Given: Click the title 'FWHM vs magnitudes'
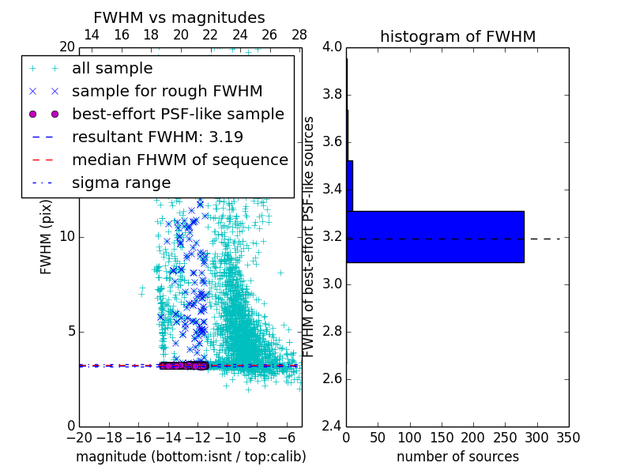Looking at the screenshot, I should [179, 18].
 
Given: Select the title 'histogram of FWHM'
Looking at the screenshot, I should [457, 36].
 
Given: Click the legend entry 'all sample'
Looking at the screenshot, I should [112, 69].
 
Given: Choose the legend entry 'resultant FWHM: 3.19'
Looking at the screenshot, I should [157, 137].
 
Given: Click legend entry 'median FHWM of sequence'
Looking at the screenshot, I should [180, 160].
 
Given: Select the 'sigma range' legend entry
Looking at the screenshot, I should [121, 182].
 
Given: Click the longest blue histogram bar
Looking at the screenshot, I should [434, 236].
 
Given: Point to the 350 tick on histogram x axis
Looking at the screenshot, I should [568, 437].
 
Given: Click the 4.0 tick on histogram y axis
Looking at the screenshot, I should [332, 47].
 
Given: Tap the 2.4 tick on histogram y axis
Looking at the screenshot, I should [332, 427].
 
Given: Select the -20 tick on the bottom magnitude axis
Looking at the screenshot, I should [79, 437].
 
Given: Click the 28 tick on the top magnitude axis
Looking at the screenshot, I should [299, 35].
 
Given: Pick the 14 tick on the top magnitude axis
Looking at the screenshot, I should [92, 35].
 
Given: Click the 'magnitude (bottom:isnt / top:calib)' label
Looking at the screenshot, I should [190, 457].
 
